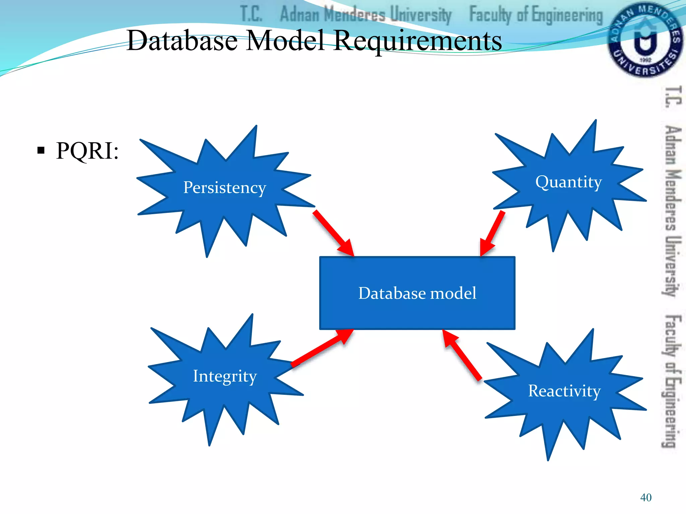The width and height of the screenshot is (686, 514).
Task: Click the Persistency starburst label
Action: [224, 188]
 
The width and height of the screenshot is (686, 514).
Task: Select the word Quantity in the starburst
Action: [568, 182]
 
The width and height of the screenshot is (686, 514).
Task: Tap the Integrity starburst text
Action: [225, 376]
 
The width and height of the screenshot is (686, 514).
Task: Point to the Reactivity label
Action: [564, 391]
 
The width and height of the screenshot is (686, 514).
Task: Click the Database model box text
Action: [417, 293]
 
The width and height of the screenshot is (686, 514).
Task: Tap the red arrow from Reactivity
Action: [462, 355]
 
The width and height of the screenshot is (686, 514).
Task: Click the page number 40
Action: [645, 498]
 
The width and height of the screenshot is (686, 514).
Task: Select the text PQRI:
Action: [87, 151]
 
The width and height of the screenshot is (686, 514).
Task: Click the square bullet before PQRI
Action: [41, 150]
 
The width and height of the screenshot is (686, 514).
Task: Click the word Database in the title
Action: [183, 41]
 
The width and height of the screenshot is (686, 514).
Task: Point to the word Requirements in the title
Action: [418, 41]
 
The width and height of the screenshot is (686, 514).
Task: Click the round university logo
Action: [644, 40]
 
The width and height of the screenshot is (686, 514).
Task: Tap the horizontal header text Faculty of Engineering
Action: [536, 15]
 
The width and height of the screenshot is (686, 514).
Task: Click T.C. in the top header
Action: [251, 14]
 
